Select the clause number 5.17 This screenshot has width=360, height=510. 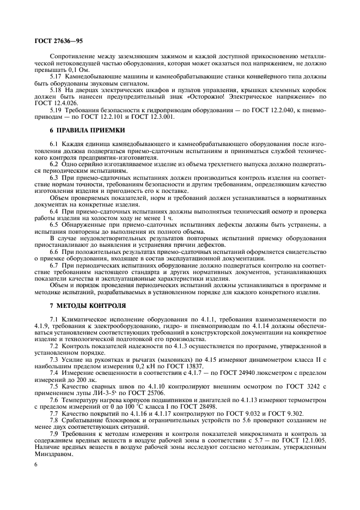(x=56, y=76)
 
